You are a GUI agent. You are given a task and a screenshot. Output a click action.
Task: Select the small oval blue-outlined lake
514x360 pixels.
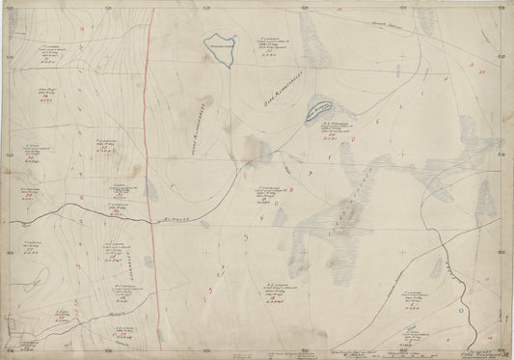[x=318, y=112]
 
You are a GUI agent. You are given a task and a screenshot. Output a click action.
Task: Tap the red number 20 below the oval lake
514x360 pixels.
[x=327, y=137]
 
